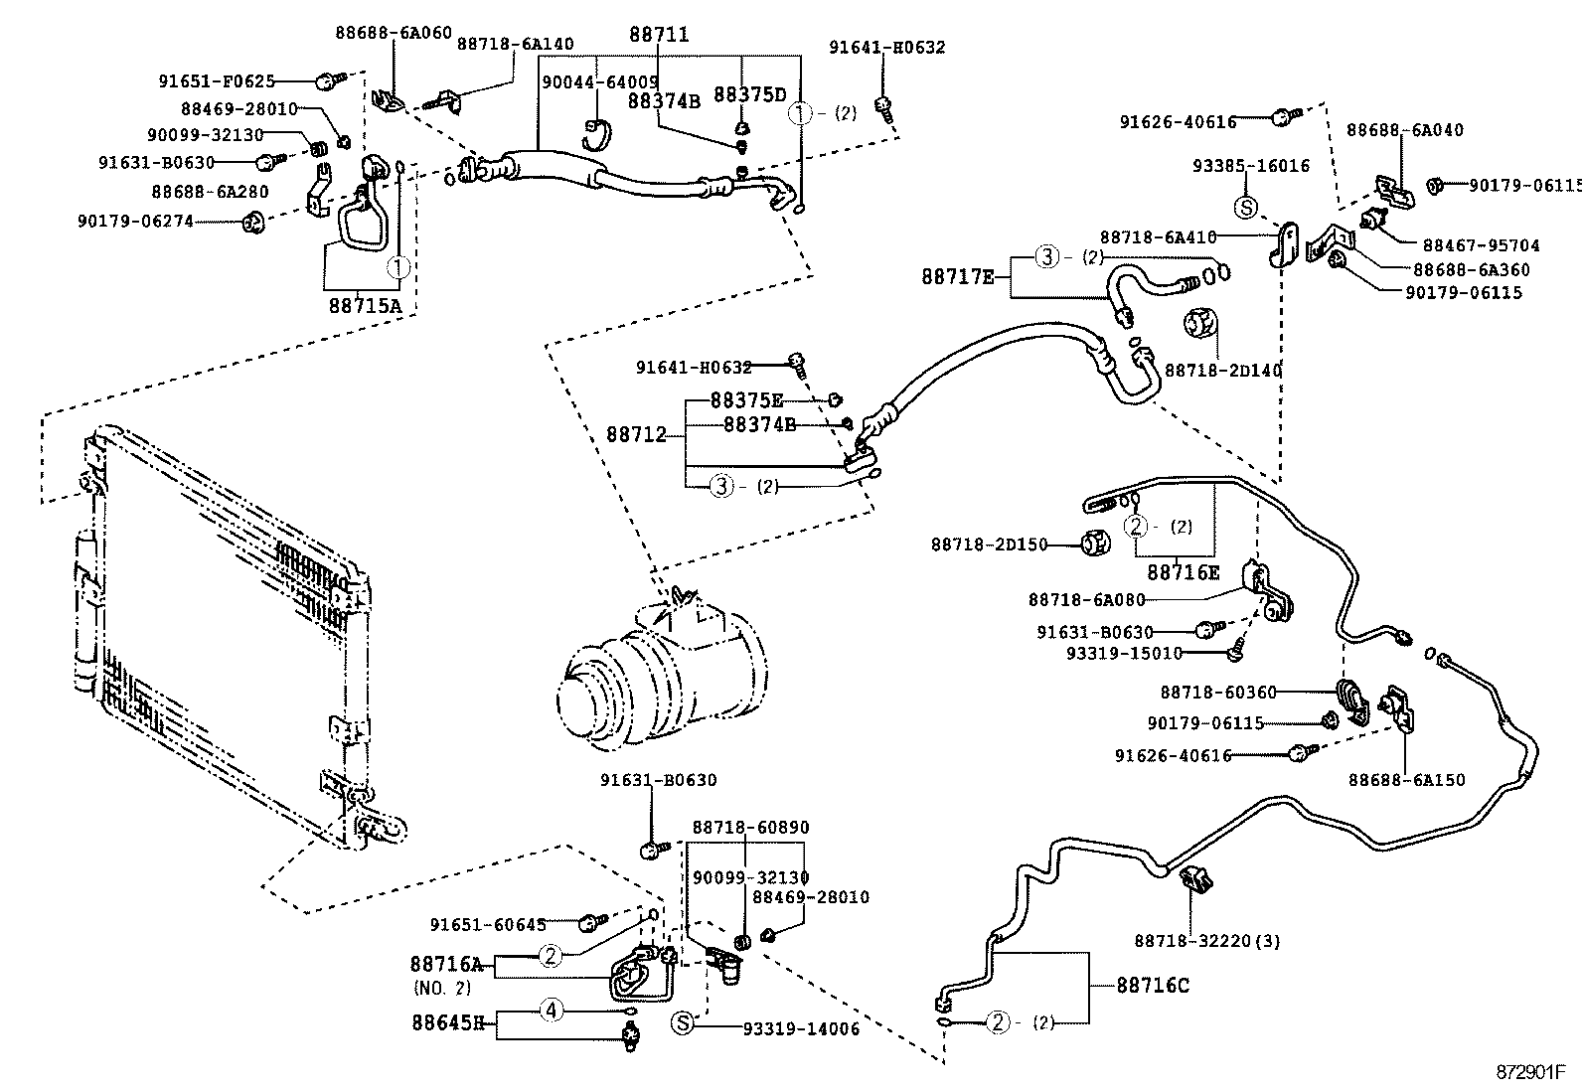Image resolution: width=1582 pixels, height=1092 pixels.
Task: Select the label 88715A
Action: click(365, 306)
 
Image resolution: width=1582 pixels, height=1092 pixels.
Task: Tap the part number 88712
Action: click(635, 435)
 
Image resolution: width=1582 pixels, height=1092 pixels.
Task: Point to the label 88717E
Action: click(957, 276)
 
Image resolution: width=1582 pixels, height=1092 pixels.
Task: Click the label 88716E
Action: click(1183, 572)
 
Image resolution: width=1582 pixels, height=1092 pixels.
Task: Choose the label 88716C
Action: click(1153, 986)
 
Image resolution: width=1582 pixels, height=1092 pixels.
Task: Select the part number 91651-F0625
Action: click(216, 81)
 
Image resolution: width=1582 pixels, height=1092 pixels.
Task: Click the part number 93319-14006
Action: click(801, 1029)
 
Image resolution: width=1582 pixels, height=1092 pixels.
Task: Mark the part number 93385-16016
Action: click(1251, 166)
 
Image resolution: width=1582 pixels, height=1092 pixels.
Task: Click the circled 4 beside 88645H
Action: click(552, 1012)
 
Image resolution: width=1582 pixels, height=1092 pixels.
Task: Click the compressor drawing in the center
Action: click(661, 676)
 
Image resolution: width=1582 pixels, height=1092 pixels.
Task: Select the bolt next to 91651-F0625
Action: click(329, 79)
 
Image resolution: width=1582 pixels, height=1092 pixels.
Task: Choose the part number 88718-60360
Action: click(1218, 692)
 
